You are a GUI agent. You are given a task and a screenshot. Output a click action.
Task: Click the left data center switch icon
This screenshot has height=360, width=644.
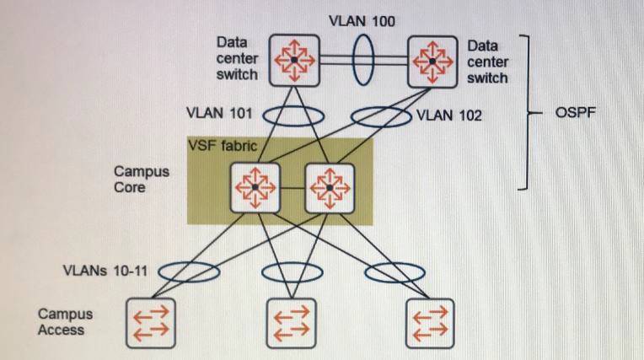tap(294, 60)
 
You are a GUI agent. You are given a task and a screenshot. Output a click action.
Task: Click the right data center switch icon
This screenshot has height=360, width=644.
tap(432, 60)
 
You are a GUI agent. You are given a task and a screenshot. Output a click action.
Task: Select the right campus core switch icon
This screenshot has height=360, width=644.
tap(329, 186)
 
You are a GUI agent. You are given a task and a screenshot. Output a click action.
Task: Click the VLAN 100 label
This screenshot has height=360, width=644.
tap(362, 19)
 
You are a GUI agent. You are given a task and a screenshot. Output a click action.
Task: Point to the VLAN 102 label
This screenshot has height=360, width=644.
tap(448, 116)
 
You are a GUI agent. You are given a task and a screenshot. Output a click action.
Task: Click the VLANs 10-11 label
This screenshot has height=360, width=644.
tap(103, 271)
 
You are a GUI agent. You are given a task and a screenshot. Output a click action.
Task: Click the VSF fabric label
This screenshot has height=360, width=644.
tap(222, 146)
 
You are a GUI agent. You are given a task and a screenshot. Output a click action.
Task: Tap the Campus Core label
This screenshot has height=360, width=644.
tap(142, 180)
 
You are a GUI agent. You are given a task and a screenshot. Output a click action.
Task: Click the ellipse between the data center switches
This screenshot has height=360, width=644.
tap(362, 60)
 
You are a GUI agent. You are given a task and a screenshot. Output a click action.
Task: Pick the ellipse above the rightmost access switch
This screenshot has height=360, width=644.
tap(401, 272)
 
